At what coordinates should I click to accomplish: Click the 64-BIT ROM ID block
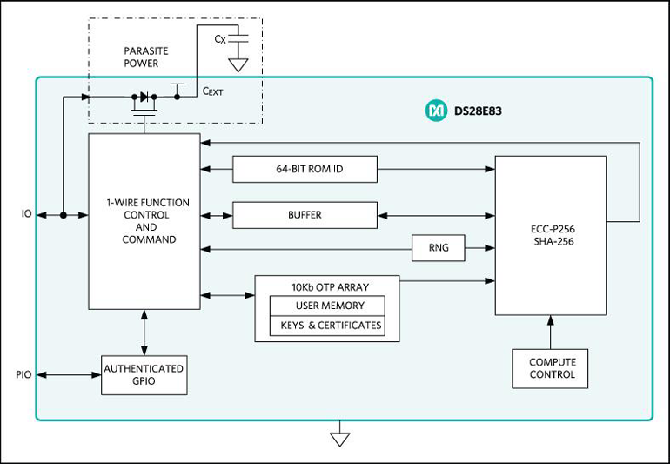click(x=305, y=169)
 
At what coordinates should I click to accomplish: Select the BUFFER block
click(x=305, y=215)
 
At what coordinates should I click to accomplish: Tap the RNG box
click(x=439, y=248)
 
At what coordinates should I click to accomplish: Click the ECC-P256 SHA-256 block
click(x=550, y=235)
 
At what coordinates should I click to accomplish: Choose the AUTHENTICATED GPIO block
click(x=144, y=374)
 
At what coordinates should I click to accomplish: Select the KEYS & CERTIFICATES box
click(x=326, y=326)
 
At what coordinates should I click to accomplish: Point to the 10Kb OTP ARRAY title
click(x=326, y=286)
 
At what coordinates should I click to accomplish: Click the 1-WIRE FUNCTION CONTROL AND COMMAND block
click(x=144, y=221)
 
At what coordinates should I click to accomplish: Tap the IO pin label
click(x=26, y=213)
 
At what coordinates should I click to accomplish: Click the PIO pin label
click(x=23, y=375)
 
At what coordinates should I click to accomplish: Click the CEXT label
click(x=212, y=90)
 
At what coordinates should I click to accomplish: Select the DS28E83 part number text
click(x=479, y=111)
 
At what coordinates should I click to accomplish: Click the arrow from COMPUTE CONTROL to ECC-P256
click(x=549, y=332)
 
